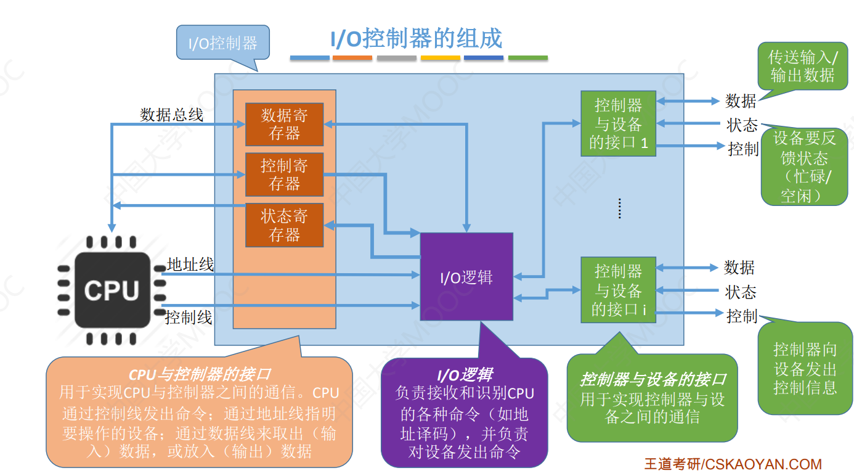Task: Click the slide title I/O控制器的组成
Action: click(x=417, y=38)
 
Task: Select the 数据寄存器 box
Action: click(x=284, y=124)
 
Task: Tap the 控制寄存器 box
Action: click(x=284, y=175)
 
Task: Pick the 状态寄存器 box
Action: click(x=284, y=225)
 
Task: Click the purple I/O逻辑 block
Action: click(x=466, y=277)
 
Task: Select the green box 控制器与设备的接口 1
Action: click(x=618, y=123)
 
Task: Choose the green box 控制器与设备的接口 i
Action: click(x=618, y=290)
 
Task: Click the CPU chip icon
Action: click(x=112, y=290)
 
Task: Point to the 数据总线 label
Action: click(x=171, y=115)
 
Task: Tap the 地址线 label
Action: click(x=190, y=265)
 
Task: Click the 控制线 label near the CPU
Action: click(x=189, y=318)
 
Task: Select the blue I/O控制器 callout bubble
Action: click(x=223, y=43)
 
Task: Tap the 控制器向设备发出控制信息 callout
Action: click(x=805, y=369)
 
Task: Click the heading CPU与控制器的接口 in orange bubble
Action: click(x=200, y=374)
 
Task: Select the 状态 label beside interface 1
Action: click(x=742, y=125)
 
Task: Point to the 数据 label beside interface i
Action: click(x=739, y=267)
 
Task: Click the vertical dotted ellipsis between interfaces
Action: click(x=619, y=209)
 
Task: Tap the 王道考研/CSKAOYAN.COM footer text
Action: click(x=733, y=464)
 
